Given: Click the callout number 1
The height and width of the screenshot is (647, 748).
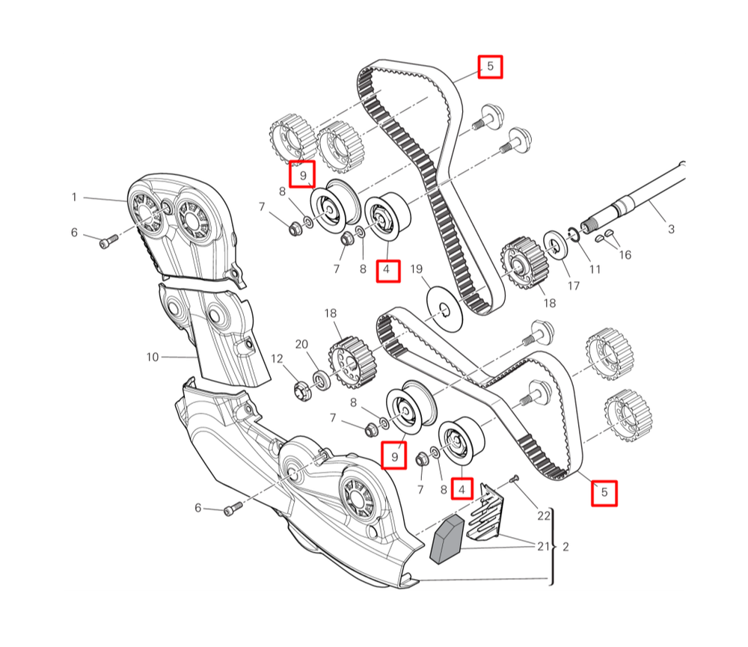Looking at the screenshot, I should tap(74, 197).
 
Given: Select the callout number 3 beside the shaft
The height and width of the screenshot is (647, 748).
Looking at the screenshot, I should tap(671, 229).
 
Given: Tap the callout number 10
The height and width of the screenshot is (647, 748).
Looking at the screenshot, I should tap(153, 357).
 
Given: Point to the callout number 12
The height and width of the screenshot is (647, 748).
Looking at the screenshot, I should tap(277, 358).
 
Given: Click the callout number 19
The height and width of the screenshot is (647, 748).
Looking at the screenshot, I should tap(417, 269).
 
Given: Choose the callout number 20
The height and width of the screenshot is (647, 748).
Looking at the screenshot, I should tap(301, 344).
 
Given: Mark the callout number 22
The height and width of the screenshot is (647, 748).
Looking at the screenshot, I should tap(544, 515).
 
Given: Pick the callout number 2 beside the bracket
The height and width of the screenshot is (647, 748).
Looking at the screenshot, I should tap(565, 547).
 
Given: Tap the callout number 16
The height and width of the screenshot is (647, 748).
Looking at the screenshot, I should tap(625, 255).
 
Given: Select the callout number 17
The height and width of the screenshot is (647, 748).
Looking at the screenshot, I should tap(573, 285).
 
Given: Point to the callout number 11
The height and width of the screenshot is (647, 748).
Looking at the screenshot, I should tap(595, 269).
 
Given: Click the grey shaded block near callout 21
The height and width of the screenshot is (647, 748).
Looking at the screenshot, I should tap(447, 539).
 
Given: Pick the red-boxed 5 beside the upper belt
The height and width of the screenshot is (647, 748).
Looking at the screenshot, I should tap(490, 67).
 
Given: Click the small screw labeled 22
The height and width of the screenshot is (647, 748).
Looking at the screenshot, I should tap(513, 479).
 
